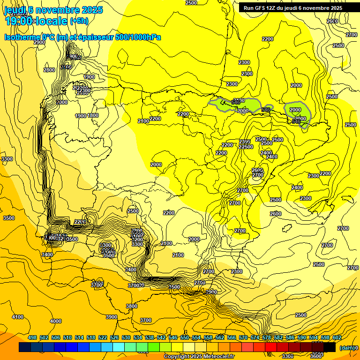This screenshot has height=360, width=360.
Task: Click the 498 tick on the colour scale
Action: click(32, 337)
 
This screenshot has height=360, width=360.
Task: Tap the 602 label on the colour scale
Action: click(337, 337)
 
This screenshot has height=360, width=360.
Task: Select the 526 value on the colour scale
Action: click(114, 337)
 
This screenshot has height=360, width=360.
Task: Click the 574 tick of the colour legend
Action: click(255, 337)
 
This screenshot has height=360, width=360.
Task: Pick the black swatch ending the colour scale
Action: click(330, 347)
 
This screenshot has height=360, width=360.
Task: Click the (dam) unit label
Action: click(346, 348)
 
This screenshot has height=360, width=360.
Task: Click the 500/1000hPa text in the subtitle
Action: click(139, 37)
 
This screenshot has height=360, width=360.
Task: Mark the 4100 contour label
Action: click(18, 317)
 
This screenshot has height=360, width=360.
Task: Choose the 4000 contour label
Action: click(55, 321)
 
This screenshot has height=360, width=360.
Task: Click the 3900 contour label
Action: click(112, 317)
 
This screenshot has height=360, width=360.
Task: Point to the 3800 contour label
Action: click(132, 306)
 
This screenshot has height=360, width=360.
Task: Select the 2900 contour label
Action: click(39, 42)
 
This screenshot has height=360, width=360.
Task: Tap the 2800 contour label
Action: click(49, 70)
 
